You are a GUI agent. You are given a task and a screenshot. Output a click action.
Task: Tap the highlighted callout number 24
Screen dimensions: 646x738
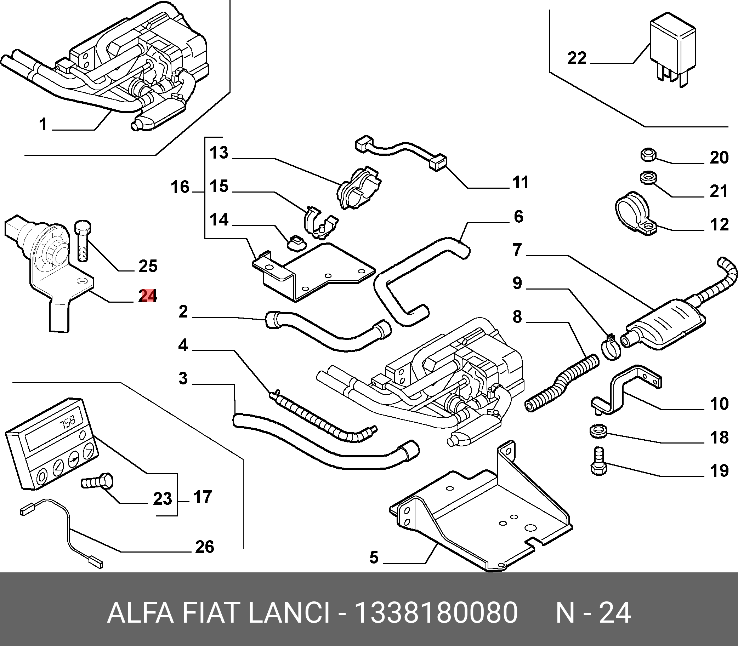[x=148, y=296]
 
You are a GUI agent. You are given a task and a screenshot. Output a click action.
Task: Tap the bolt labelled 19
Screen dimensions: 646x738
[x=599, y=461]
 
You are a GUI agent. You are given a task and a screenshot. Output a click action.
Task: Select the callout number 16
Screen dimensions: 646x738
[x=180, y=188]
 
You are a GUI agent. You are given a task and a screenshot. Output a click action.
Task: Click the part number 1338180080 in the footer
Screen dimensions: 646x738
[x=436, y=612]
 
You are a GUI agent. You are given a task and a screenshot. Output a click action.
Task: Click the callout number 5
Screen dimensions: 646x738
[x=374, y=557]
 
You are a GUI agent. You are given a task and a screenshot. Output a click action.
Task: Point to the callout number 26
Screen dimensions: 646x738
[x=205, y=547]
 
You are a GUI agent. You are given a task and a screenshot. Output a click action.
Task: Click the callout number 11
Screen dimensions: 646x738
[x=520, y=182]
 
